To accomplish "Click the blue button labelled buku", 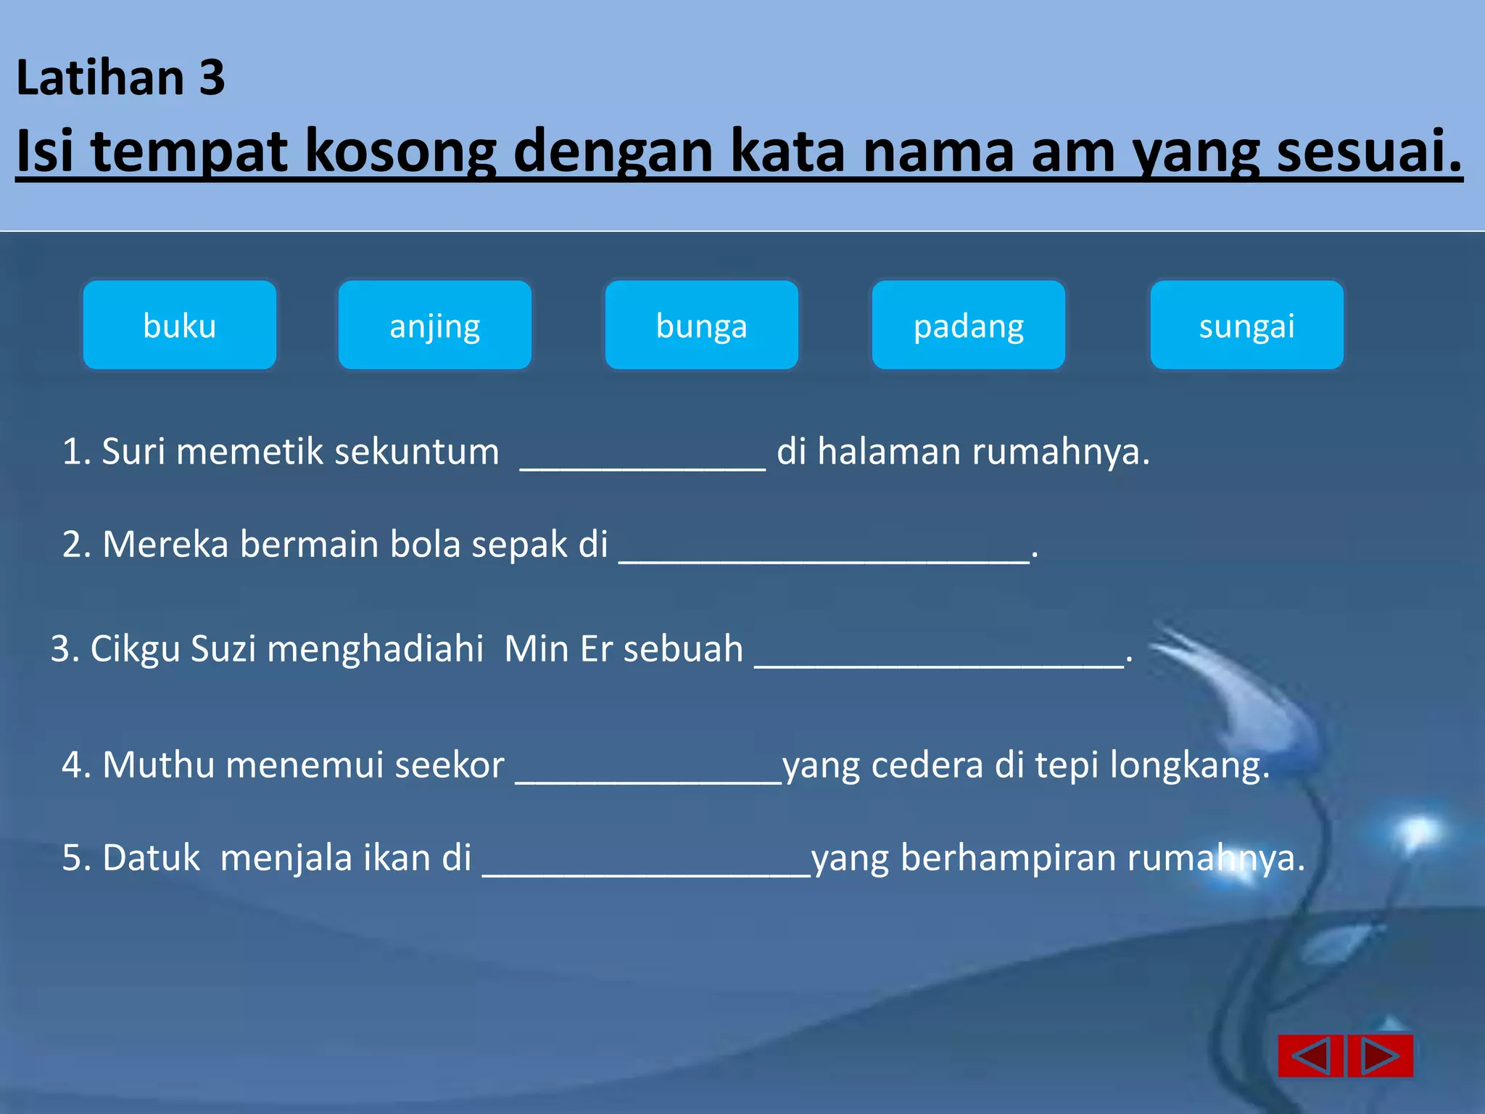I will point(180,325).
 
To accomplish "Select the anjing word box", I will point(435,325).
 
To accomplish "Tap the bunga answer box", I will point(701,325).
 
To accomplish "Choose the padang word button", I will point(968,325).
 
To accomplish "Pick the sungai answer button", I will point(1246,325).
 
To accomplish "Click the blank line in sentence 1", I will point(642,461).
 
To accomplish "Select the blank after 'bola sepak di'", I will point(824,553).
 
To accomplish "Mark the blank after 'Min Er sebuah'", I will point(938,657).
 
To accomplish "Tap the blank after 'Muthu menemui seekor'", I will point(648,773).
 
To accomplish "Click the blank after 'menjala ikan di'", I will point(647,866).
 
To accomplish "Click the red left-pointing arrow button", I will point(1311,1055).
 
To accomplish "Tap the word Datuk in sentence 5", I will point(151,858).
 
